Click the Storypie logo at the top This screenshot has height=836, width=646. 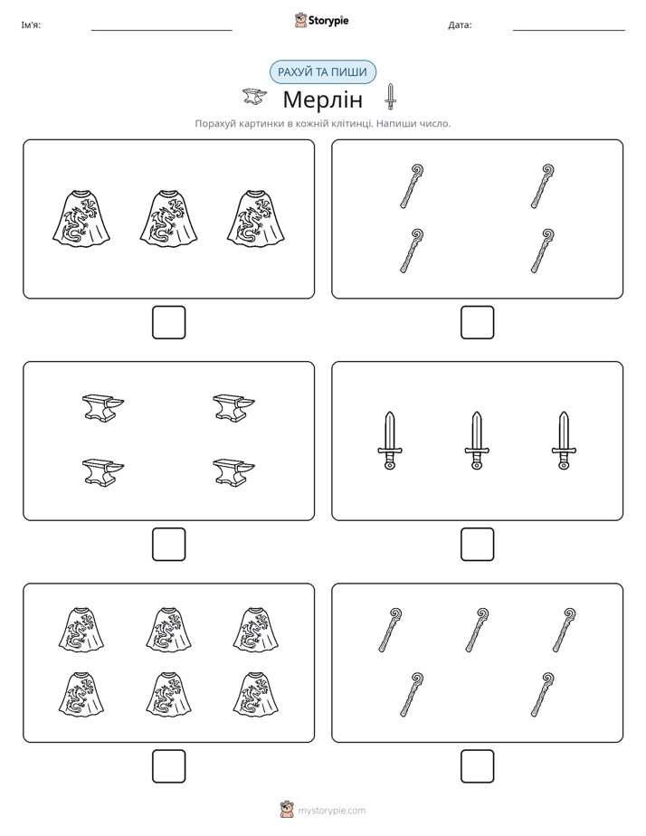(x=321, y=20)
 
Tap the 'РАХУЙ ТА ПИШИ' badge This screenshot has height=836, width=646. (x=322, y=72)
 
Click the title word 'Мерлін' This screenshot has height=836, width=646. (x=322, y=100)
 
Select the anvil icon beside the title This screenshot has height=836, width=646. (x=255, y=97)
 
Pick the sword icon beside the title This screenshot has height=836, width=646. (x=390, y=97)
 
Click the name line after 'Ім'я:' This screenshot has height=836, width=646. (x=161, y=31)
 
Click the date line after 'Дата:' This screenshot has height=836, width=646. (x=569, y=31)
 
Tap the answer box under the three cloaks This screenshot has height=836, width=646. (x=169, y=323)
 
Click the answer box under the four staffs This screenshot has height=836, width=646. (x=477, y=323)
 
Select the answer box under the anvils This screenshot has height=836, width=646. (x=169, y=545)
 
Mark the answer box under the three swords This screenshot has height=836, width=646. (x=477, y=545)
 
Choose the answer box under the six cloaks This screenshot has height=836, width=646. (x=169, y=766)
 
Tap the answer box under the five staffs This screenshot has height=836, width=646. (x=477, y=766)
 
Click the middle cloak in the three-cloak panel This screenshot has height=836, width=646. (x=168, y=219)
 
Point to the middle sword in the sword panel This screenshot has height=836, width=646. (x=477, y=441)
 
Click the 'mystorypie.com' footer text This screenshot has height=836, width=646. (x=331, y=811)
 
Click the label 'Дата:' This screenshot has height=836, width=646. (x=460, y=25)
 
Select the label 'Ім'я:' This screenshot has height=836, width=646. (x=31, y=25)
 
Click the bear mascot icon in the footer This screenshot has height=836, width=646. (x=287, y=810)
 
